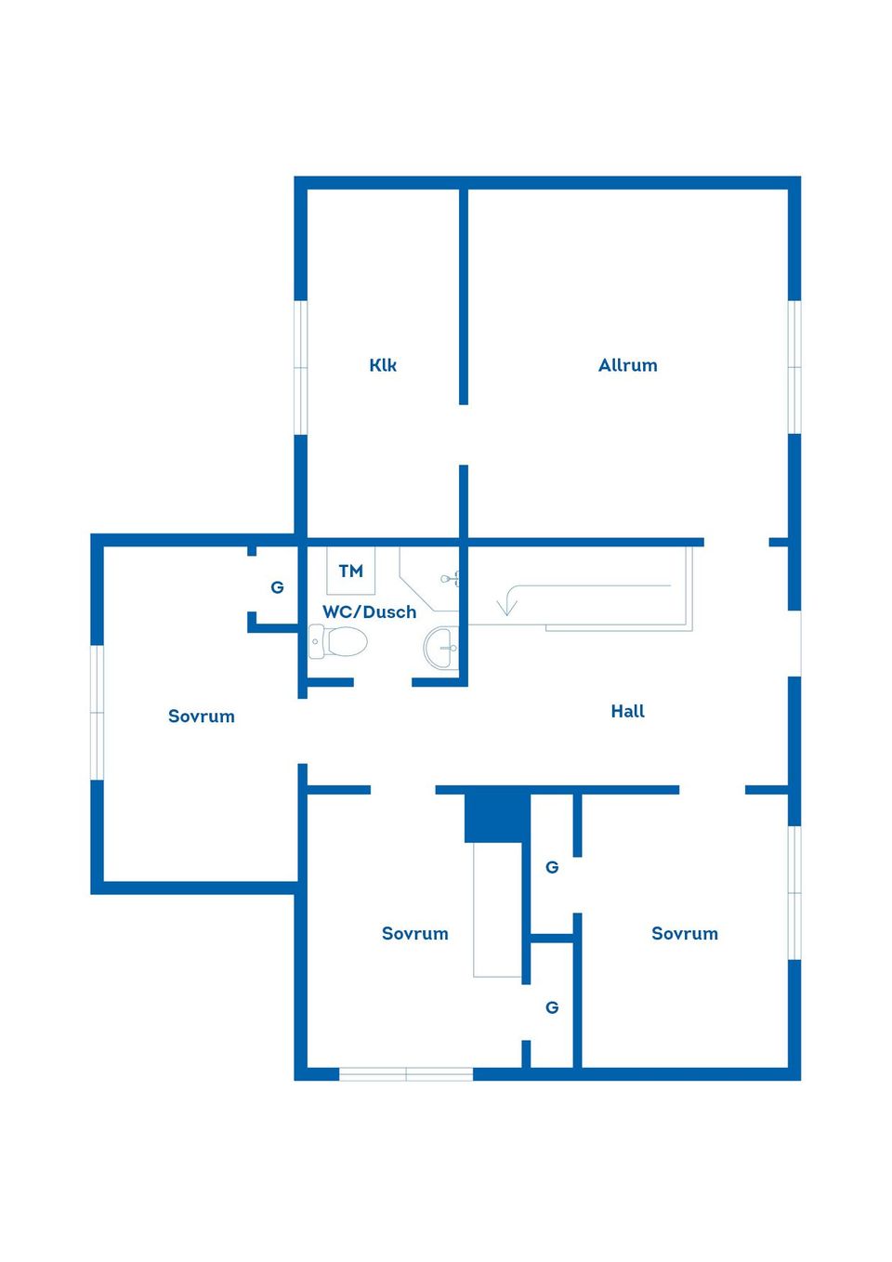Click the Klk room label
(383, 365)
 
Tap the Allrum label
(627, 365)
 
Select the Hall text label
(627, 711)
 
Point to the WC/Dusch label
(370, 611)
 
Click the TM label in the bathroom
(351, 572)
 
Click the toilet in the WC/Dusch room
(337, 641)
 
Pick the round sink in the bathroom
(441, 648)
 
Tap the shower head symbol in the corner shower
(450, 578)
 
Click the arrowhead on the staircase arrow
(506, 608)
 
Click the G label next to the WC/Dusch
(277, 587)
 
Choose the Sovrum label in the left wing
(201, 716)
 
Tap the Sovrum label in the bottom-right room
(684, 934)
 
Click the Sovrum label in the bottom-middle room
(414, 934)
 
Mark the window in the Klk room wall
(301, 367)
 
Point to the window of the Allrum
(794, 367)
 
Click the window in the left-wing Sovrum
(97, 713)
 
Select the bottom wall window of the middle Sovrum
(405, 1074)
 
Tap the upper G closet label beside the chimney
(552, 867)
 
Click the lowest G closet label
(552, 1006)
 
